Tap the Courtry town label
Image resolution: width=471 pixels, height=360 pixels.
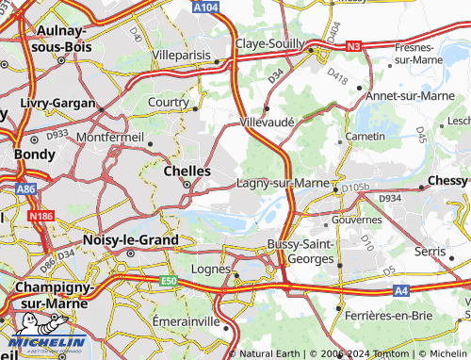tap(169, 101)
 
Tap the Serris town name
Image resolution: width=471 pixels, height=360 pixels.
tap(430, 253)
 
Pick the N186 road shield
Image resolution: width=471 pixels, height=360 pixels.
tap(40, 217)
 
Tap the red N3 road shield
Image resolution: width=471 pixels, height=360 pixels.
tap(353, 44)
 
